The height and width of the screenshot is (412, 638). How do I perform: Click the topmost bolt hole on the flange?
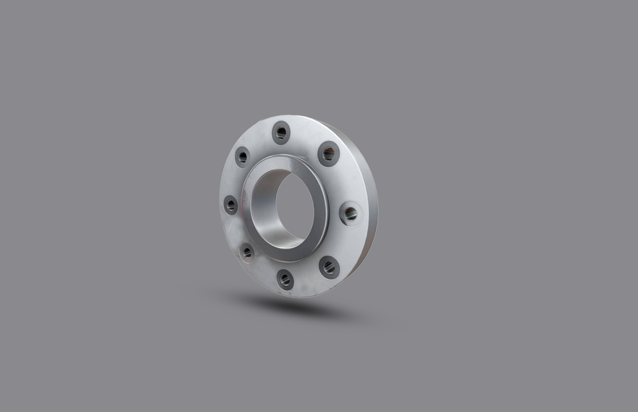point(281,133)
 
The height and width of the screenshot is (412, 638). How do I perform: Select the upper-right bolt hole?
point(329,153)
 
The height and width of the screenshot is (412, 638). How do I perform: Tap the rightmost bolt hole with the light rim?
point(350,213)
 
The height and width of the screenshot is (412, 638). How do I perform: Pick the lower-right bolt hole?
point(329,267)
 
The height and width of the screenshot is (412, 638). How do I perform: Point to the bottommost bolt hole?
point(285,279)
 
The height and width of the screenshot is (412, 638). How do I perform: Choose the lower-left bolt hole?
point(247,251)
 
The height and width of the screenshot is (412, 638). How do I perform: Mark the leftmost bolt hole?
point(231,204)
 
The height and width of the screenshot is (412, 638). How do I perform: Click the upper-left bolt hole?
point(242,157)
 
